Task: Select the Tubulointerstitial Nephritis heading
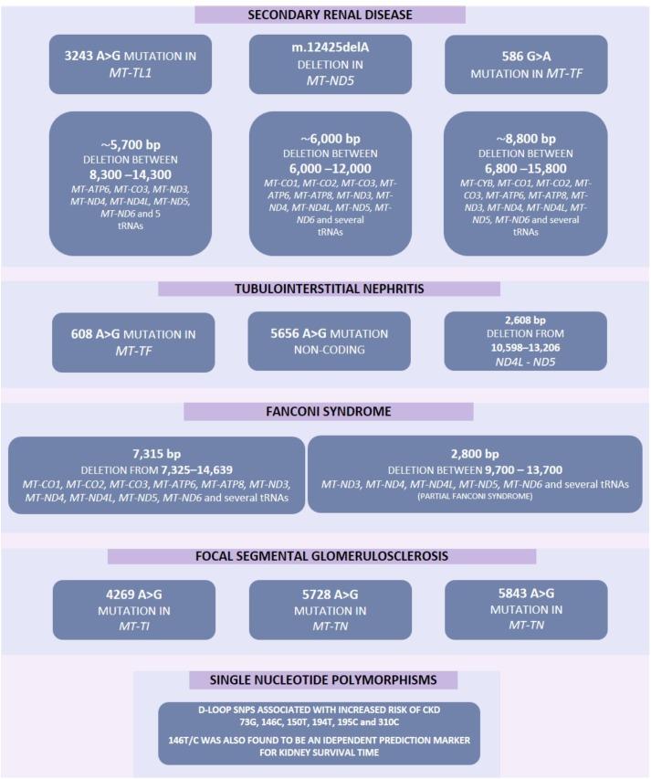(329, 289)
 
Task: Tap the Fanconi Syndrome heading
(329, 411)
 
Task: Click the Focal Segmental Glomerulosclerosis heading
(321, 556)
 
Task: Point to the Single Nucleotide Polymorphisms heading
(323, 680)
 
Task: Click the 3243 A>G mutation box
(131, 64)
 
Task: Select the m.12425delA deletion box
(330, 64)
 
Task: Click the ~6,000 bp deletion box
(330, 183)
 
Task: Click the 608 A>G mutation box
(133, 342)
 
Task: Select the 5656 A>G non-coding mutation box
(331, 342)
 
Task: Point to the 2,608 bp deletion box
(525, 342)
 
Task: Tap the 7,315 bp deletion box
(157, 475)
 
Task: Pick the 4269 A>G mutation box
(133, 608)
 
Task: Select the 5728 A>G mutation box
(331, 608)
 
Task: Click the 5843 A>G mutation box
(525, 608)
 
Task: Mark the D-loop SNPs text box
(319, 732)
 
